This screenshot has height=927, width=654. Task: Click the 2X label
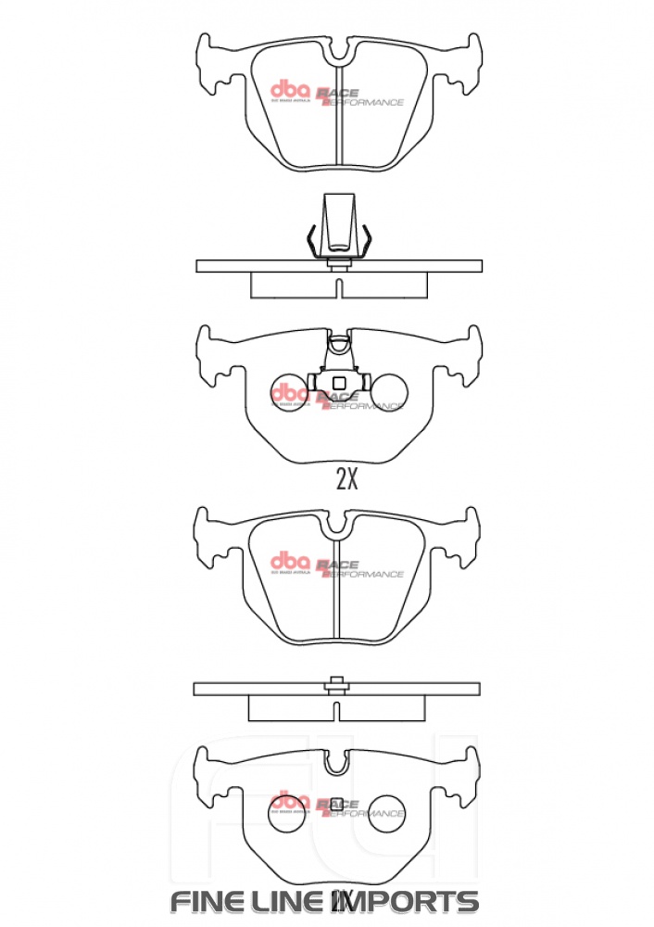point(346,479)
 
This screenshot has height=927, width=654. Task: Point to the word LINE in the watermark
point(294,901)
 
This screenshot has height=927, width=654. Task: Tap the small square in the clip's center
point(339,383)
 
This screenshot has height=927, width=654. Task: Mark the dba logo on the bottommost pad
point(289,799)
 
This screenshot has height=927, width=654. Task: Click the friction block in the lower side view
point(337,707)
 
